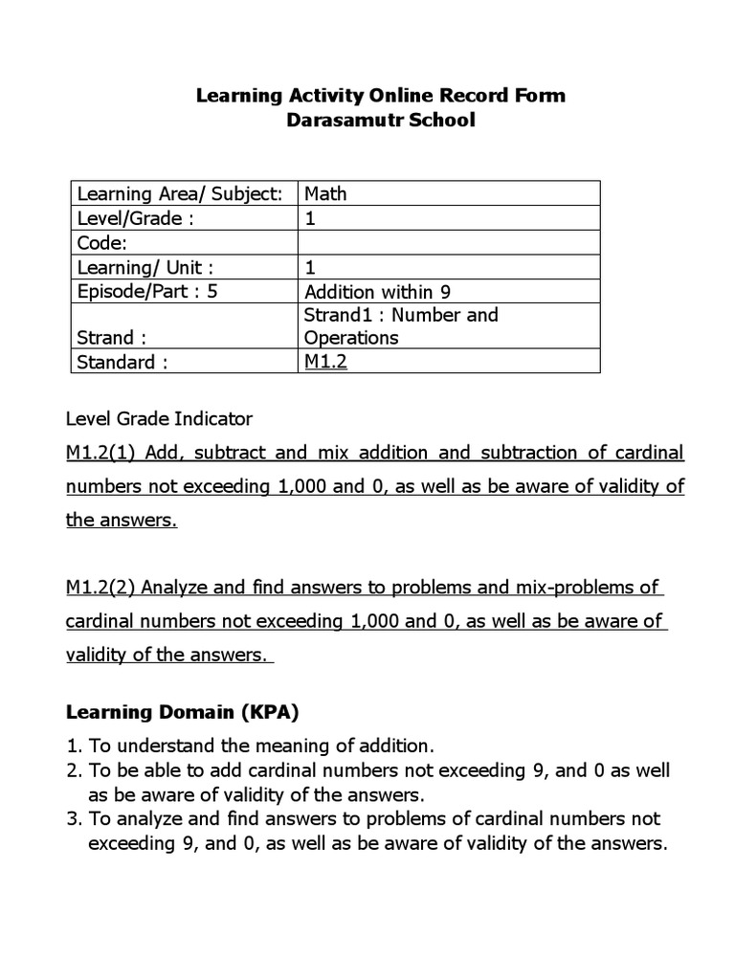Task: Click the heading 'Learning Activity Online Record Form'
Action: tap(380, 96)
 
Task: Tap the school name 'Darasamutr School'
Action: tap(380, 122)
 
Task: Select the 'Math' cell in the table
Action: tap(325, 193)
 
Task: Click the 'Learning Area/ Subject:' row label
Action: tap(180, 193)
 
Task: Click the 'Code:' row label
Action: tap(102, 243)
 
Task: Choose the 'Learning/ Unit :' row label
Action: tap(145, 267)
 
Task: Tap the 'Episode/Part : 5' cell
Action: tap(147, 291)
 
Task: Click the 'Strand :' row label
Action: tap(112, 338)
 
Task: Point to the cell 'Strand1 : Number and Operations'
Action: tap(401, 326)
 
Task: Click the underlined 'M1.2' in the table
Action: tap(325, 362)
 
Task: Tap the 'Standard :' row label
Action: tap(122, 362)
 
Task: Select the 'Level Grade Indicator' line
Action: tap(159, 418)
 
